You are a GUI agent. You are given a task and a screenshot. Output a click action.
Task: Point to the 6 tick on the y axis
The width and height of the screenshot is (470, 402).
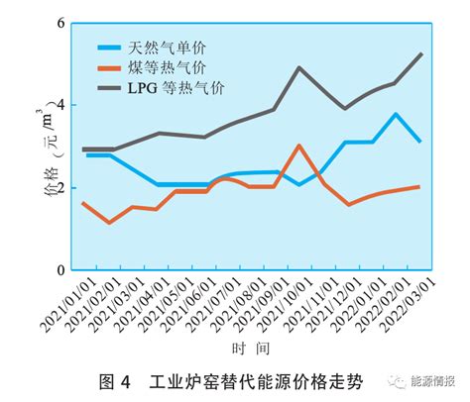point(60,23)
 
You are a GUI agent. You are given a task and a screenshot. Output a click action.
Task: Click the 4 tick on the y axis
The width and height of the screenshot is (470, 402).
point(60,105)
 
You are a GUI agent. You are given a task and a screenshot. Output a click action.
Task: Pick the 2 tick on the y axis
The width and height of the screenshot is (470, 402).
point(60,187)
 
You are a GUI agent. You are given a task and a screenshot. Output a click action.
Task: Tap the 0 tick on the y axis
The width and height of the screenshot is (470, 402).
point(60,269)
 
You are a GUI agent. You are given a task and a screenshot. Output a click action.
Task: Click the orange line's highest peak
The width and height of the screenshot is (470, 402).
point(299,146)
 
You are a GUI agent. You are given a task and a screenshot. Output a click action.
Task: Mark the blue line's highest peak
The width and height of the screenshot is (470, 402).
point(396,114)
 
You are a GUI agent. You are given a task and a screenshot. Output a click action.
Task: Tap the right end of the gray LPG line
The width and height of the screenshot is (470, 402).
point(421,53)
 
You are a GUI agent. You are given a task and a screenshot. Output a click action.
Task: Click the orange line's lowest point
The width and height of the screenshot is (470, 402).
point(109,223)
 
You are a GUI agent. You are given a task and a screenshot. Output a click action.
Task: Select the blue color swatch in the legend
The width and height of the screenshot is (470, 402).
point(108,47)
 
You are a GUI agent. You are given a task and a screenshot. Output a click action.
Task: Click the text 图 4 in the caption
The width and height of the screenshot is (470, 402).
point(117,381)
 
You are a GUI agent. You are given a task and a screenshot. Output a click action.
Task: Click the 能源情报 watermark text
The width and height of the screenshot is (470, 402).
point(427,381)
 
